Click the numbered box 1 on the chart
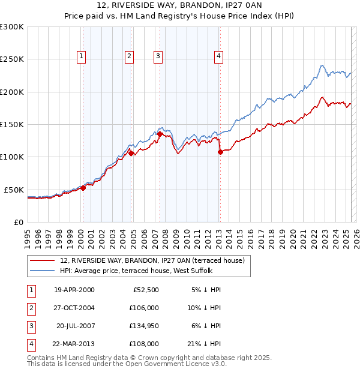81,56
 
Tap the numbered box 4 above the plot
219,56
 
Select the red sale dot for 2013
220,152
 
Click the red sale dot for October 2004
131,154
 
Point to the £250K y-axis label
12,59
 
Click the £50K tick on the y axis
14,190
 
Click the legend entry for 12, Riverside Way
152,260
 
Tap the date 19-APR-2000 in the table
74,290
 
